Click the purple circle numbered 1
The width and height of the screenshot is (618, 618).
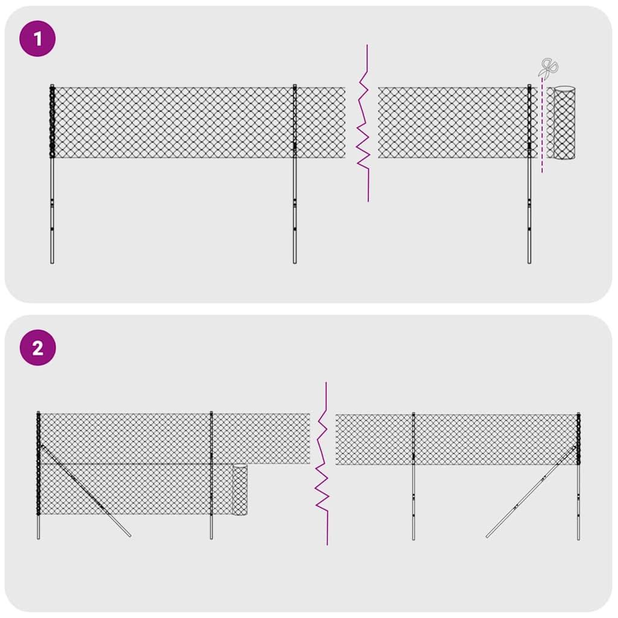coord(37,39)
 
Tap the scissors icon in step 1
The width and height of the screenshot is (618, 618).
coord(548,68)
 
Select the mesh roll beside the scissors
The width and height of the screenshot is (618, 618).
coord(564,123)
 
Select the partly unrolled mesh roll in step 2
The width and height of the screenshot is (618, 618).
coord(240,489)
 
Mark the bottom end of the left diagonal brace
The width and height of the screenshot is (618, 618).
coord(129,535)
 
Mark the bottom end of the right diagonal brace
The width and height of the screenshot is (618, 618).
coord(488,535)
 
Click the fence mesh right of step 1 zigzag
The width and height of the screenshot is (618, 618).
coord(453,123)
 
